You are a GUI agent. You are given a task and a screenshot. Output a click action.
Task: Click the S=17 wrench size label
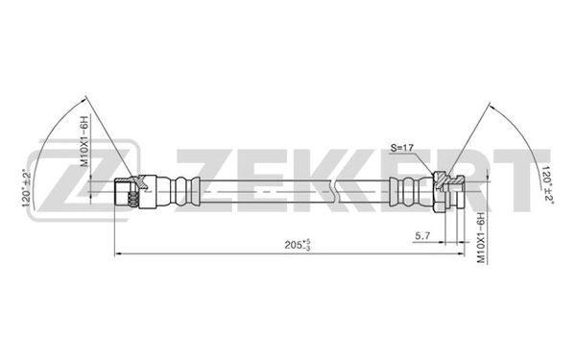pyautogui.click(x=403, y=147)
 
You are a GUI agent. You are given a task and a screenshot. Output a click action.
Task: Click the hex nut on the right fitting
pyautogui.click(x=441, y=189)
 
